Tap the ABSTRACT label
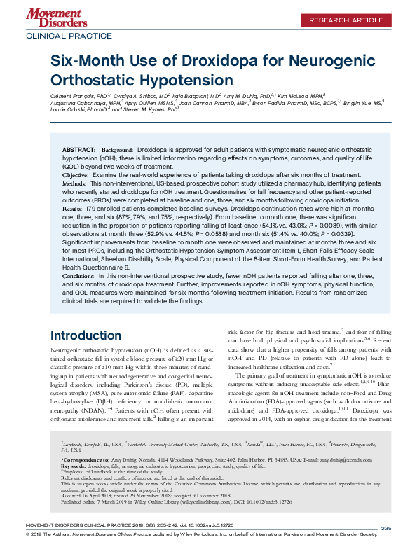(x=78, y=151)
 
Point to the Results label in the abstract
(x=75, y=209)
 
